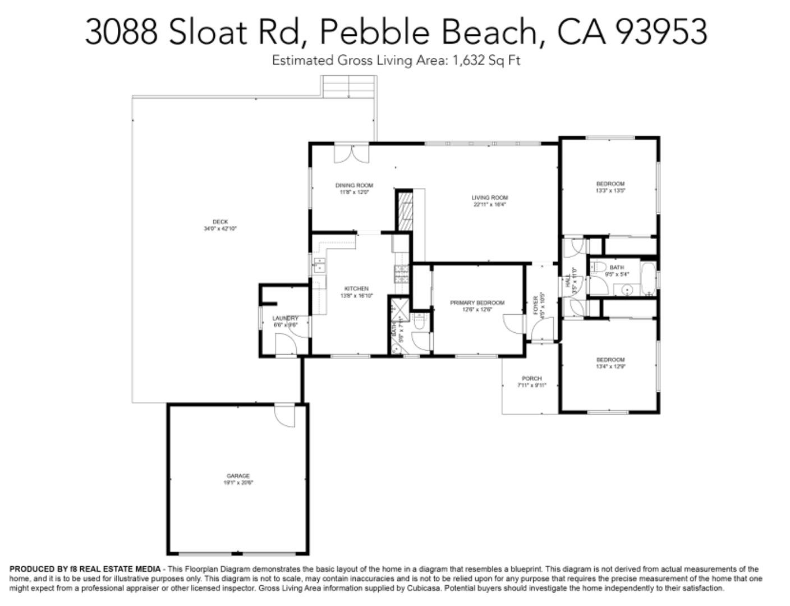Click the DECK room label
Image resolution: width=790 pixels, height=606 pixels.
(221, 222)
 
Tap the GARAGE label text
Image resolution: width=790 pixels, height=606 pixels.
(238, 476)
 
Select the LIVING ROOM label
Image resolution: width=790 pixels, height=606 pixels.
(489, 198)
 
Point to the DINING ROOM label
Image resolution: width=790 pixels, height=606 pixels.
(354, 185)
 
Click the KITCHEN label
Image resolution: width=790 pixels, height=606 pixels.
(356, 288)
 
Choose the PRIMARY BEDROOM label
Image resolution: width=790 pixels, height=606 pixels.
(477, 302)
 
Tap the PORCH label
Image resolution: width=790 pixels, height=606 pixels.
(531, 378)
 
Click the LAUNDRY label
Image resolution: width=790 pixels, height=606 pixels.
(285, 318)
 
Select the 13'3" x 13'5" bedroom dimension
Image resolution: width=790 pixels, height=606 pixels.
(610, 191)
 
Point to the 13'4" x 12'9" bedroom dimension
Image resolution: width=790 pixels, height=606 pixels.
(610, 367)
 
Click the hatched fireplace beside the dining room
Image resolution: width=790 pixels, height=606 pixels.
(404, 210)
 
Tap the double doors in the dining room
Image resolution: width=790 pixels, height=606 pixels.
(352, 154)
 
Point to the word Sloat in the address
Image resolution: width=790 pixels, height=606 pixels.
(208, 31)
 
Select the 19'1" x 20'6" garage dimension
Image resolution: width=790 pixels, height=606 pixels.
(238, 483)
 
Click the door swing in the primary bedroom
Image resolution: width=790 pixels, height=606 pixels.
(513, 324)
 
